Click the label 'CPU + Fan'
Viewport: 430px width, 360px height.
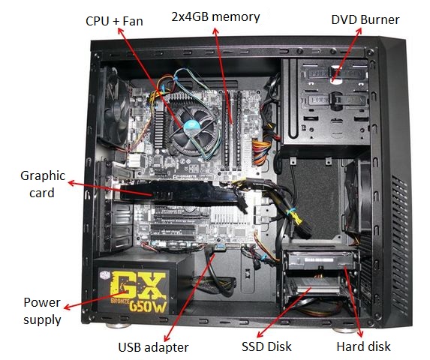(114, 21)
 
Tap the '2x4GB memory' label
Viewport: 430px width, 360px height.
(215, 17)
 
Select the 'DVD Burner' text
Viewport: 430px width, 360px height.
(365, 19)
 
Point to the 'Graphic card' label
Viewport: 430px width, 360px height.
(43, 184)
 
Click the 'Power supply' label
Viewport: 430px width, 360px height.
(42, 311)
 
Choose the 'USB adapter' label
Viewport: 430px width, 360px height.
(153, 347)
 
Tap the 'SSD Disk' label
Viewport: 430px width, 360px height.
(266, 346)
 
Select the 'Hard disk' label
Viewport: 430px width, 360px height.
(363, 346)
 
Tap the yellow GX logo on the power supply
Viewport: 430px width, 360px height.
(139, 285)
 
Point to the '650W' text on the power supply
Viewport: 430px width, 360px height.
(148, 306)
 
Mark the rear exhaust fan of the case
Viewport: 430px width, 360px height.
(114, 108)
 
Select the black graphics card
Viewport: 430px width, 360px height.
(179, 194)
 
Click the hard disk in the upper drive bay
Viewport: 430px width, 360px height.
(319, 260)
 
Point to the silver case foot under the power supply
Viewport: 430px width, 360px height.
(118, 325)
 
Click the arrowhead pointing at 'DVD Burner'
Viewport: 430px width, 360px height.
(359, 31)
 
